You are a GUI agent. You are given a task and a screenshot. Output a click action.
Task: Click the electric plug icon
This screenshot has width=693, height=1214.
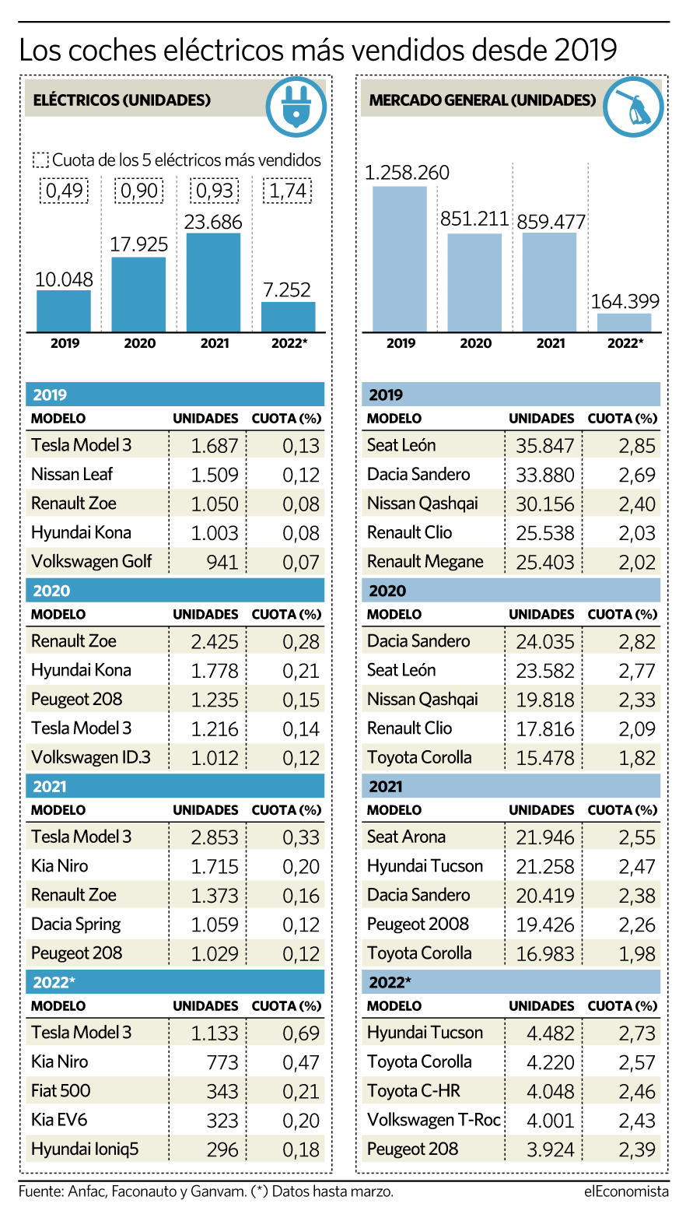296,106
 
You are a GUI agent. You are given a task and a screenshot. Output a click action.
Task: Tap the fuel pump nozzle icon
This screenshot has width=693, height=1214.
633,106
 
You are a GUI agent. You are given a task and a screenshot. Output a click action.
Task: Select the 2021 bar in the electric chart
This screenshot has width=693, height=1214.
213,282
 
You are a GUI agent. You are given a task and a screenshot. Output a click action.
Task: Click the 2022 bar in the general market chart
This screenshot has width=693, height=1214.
625,322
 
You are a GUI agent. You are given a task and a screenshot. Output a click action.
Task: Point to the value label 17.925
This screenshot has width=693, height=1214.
138,244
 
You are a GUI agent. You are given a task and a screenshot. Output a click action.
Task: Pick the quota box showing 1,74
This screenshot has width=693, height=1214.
287,191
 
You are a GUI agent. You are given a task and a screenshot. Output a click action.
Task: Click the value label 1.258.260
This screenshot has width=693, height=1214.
407,172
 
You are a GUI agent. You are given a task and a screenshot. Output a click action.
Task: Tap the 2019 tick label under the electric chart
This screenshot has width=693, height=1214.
65,343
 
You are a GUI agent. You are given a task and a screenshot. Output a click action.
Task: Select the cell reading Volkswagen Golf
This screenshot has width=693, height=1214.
92,562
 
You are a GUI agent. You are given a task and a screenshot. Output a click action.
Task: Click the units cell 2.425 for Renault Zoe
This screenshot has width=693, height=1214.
215,642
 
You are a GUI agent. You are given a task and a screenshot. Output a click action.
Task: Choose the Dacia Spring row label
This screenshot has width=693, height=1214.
76,925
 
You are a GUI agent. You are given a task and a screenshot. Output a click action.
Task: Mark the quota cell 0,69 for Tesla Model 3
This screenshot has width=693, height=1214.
301,1033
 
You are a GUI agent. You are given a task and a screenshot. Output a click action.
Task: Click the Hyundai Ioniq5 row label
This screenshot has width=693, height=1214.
85,1149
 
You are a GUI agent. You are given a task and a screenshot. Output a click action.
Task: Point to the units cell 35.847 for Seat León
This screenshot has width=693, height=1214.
544,446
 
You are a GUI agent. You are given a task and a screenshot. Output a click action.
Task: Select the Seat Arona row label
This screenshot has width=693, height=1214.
406,837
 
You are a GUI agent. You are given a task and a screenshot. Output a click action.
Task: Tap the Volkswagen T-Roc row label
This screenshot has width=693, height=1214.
433,1120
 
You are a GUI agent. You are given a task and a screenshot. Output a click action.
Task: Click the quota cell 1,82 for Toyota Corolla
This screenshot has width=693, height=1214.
637,758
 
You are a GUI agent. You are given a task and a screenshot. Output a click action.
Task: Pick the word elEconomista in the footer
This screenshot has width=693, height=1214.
626,1191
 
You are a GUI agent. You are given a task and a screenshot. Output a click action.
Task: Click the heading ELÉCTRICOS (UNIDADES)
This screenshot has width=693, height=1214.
122,100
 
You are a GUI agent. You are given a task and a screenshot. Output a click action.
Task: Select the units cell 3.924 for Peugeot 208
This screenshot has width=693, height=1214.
550,1150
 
